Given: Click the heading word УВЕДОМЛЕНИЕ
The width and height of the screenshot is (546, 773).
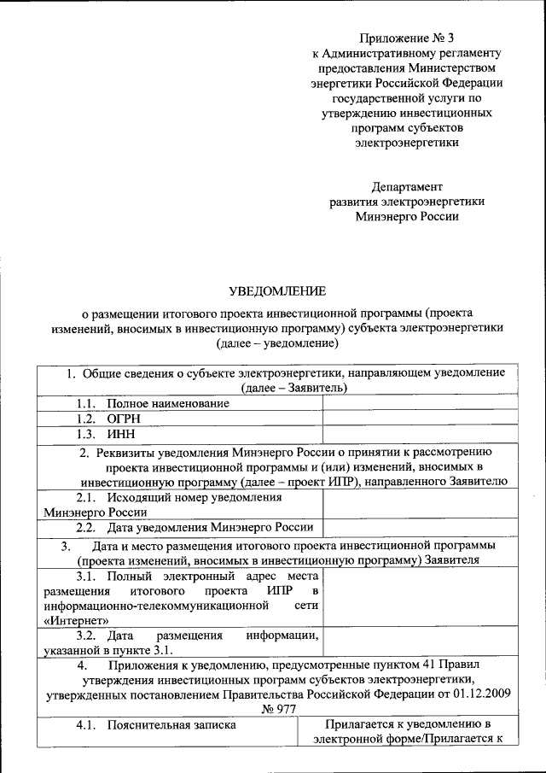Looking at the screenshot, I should pos(276,291).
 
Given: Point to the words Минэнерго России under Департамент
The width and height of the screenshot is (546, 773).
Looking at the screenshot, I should pos(407,216).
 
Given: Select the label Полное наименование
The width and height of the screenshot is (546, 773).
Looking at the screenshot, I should pos(168,402).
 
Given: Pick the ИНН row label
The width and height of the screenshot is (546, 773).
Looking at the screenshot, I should pos(123,434).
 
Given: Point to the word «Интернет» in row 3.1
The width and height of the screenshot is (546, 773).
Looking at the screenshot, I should pos(76,620).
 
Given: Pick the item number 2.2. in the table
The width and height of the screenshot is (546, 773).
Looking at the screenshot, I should pos(90,527).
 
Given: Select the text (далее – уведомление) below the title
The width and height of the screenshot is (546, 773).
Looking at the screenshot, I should pos(277,343).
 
